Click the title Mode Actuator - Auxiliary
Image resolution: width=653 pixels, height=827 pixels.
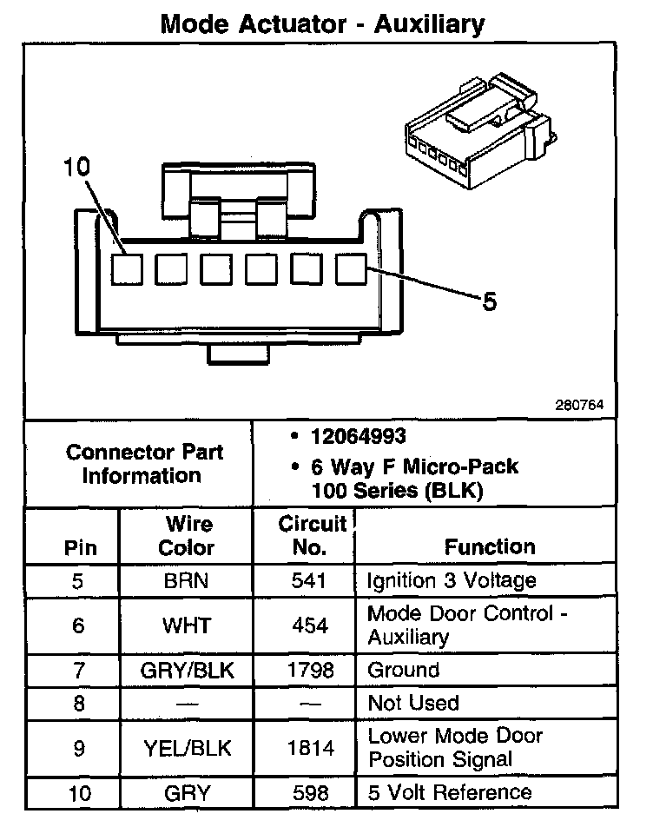coord(322,23)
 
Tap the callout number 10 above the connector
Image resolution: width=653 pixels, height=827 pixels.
coord(76,168)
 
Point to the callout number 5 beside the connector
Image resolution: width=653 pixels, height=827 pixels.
coord(489,301)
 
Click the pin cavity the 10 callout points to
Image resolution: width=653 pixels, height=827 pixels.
coord(127,269)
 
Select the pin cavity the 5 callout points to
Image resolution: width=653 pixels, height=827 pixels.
coord(351,269)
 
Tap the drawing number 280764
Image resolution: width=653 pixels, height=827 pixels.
coord(579,405)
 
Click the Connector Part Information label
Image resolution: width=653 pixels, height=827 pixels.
coord(144,464)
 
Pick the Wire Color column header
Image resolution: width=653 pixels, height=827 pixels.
coord(188,536)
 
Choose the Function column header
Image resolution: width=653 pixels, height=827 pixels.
coord(490,547)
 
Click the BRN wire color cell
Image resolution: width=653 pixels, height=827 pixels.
coord(187,581)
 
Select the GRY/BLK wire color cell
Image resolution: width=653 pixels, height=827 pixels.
coord(187,671)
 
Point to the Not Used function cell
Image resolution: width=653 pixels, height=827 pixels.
coord(413,703)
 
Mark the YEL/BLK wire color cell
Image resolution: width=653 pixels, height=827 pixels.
coord(187,747)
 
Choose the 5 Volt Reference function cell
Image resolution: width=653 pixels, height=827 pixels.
coord(450,792)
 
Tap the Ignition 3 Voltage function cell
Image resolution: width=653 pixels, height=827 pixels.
coord(452,581)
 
